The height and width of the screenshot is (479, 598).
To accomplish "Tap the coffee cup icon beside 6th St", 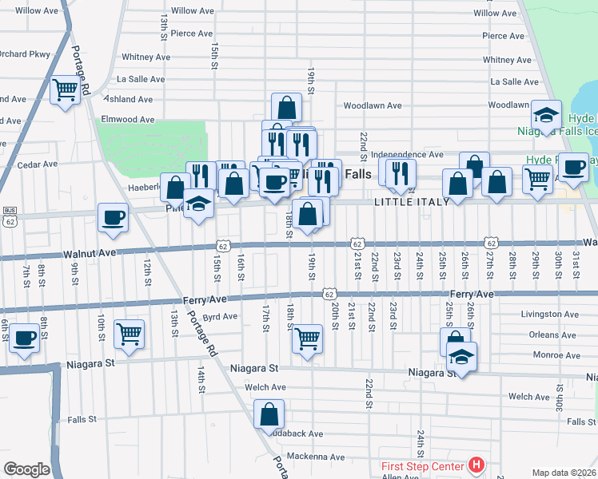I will (23, 337).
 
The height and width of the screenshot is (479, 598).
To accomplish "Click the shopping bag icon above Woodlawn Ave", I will (286, 107).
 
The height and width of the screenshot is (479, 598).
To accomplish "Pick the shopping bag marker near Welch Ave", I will (269, 414).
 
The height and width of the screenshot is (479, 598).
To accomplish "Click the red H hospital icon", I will (476, 464).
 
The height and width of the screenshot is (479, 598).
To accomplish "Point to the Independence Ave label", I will (407, 154).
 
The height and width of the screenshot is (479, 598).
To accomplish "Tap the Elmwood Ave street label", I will (126, 119).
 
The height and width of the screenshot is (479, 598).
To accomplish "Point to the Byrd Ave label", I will (220, 317).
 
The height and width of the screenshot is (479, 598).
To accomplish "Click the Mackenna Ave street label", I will (317, 457).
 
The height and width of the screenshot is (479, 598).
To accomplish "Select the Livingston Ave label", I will (548, 315).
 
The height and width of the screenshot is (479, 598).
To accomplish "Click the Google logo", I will (26, 469).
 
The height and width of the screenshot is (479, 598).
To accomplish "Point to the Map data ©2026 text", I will (564, 473).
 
